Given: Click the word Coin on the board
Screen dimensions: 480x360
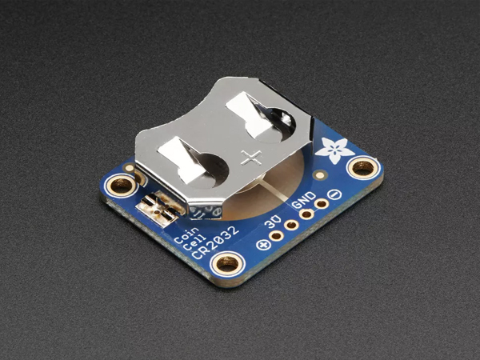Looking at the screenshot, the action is (x=186, y=236).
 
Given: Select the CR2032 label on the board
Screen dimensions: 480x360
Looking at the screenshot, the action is (x=215, y=242).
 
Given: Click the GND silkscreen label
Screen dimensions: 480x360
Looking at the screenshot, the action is (x=303, y=199).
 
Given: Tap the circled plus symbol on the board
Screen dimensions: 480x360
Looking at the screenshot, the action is (x=263, y=245).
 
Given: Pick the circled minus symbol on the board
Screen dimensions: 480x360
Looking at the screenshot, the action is (x=334, y=194).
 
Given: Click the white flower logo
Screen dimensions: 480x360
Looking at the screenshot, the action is (x=335, y=149).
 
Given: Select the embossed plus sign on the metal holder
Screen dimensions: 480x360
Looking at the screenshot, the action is (x=251, y=158).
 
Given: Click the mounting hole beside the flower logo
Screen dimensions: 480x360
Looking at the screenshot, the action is (x=363, y=168).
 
